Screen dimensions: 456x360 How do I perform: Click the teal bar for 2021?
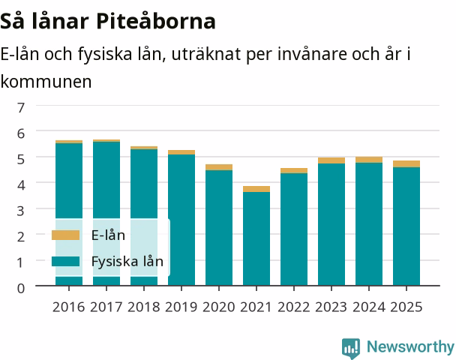tap(256, 238)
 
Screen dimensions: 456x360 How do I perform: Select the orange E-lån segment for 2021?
tap(256, 189)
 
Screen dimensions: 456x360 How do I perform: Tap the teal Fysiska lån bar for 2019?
tap(181, 220)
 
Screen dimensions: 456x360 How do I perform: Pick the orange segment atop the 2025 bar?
tap(406, 164)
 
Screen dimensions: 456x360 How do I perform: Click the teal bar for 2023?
tap(331, 224)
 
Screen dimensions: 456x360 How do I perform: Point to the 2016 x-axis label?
tap(69, 307)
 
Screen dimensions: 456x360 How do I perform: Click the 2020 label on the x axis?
tap(219, 307)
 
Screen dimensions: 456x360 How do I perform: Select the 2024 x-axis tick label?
tap(369, 307)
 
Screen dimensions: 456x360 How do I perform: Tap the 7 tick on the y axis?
tap(21, 108)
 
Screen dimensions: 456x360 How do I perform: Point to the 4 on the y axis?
tap(21, 185)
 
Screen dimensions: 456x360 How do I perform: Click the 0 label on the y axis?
tap(21, 289)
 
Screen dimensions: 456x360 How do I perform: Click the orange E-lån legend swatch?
tap(65, 235)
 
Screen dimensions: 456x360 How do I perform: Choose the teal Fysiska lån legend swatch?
tap(65, 261)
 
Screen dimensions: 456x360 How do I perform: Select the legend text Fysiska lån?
tap(127, 262)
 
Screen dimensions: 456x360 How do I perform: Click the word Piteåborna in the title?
tap(156, 21)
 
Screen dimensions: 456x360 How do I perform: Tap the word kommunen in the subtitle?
tap(46, 82)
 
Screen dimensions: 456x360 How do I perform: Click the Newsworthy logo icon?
tap(351, 348)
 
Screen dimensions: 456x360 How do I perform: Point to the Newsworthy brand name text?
tap(410, 346)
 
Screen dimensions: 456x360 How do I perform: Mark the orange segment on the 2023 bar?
tap(331, 160)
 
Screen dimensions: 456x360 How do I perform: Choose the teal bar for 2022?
tap(294, 229)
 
